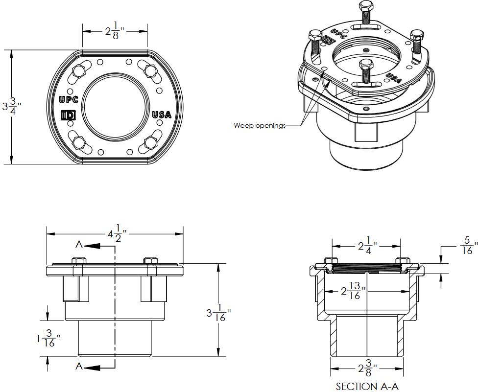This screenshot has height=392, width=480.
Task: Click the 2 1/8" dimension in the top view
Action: point(115,31)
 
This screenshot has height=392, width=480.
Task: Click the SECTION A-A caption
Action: point(367,386)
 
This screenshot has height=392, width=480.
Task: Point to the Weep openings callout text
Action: point(259,126)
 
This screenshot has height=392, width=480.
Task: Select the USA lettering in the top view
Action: point(162,115)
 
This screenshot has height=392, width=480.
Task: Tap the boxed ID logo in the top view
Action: point(67,115)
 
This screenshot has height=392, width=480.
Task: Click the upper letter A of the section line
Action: point(79,245)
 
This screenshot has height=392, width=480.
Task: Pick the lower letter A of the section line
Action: point(79,366)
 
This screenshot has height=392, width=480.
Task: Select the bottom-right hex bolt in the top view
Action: point(150,142)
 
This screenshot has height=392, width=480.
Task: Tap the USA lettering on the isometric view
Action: point(394,77)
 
